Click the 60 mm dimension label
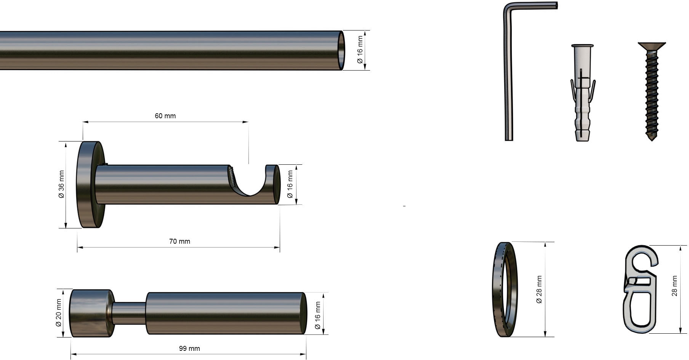tap(165, 116)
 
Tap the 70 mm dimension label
tap(179, 241)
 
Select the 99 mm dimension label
tap(189, 349)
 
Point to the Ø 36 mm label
tap(61, 184)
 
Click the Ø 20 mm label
tap(59, 313)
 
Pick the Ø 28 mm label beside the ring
tap(539, 289)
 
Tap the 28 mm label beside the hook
tap(675, 286)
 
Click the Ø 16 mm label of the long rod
tap(360, 50)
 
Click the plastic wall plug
tap(583, 93)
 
